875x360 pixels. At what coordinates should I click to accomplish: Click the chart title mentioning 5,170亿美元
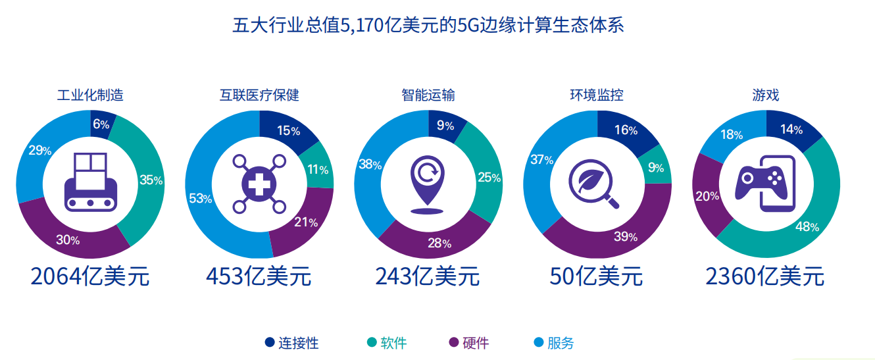(x=428, y=26)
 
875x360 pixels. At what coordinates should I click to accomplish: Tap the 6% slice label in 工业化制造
(x=101, y=123)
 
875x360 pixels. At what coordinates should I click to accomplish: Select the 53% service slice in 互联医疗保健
(x=200, y=198)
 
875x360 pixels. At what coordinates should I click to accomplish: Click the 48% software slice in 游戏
(x=807, y=226)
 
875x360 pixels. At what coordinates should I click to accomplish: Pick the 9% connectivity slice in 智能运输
(x=445, y=125)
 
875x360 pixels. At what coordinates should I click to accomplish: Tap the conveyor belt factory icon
(x=90, y=182)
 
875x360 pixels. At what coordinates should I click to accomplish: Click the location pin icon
(x=428, y=184)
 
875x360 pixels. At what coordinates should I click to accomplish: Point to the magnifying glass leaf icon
(x=596, y=184)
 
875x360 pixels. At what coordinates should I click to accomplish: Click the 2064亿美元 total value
(x=90, y=276)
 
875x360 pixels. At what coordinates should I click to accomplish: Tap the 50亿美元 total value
(x=596, y=276)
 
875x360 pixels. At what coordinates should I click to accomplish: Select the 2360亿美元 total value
(x=764, y=276)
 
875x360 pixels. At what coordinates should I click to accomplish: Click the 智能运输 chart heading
(x=428, y=95)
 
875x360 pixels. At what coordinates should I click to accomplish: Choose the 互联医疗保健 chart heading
(x=259, y=95)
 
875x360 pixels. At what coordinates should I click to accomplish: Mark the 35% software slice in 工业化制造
(x=151, y=180)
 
